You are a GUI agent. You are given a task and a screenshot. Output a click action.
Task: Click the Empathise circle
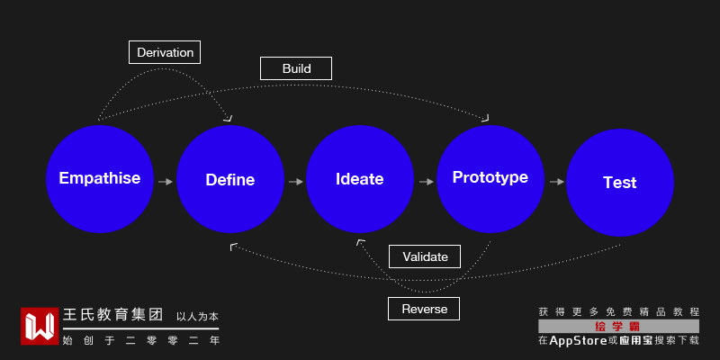tap(100, 178)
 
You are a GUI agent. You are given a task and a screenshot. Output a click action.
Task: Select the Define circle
tap(230, 178)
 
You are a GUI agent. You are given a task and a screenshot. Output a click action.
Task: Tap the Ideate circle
tap(359, 178)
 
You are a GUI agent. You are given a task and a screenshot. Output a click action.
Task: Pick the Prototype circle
tap(490, 178)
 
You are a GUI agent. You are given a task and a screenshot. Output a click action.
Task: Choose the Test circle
tap(620, 183)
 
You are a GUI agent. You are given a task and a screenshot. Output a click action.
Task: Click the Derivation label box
tap(165, 52)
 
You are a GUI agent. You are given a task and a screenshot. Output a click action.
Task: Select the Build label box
tap(296, 68)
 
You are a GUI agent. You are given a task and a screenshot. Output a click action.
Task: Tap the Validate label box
tap(425, 256)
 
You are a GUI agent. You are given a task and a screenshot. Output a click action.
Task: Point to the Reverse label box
tap(424, 309)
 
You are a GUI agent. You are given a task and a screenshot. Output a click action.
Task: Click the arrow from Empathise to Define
tap(166, 182)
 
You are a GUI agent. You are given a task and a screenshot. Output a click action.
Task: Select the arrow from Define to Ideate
tap(296, 182)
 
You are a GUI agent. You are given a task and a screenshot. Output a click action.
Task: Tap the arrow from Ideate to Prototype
tap(426, 182)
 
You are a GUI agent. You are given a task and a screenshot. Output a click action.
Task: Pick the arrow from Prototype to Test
tap(556, 182)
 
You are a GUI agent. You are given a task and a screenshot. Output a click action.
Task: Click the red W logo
tap(40, 326)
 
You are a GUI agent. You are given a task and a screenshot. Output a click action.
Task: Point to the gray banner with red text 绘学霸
tap(618, 327)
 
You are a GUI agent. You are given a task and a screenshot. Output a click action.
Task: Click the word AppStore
tap(578, 341)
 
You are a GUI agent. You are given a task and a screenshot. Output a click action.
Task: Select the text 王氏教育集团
tap(113, 315)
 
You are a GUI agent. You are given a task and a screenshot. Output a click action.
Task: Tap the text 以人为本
tap(197, 317)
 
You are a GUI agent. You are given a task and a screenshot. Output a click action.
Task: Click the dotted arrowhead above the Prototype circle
tap(485, 119)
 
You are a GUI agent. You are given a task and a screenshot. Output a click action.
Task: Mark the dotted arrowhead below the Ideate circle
tap(361, 242)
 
